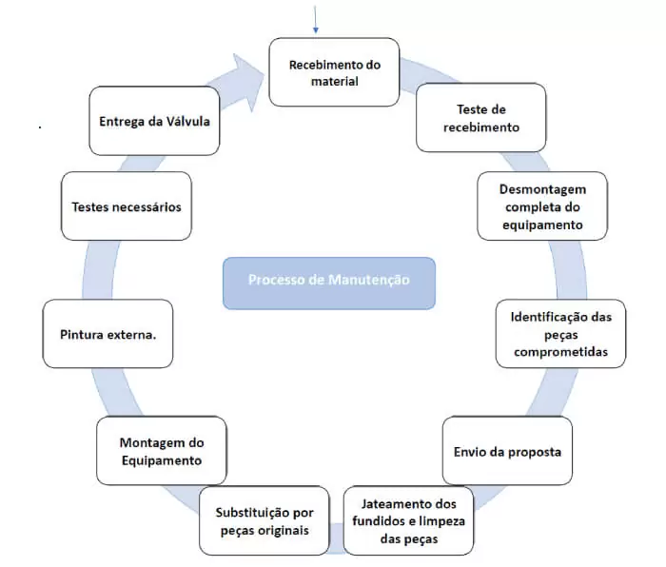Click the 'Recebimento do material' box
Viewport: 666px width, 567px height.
tap(334, 72)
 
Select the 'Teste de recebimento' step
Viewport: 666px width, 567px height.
tap(480, 118)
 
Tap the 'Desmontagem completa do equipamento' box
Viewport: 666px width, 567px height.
tap(542, 206)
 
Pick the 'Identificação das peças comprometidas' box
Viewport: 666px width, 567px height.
tap(560, 334)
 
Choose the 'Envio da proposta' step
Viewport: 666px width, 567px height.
tap(507, 451)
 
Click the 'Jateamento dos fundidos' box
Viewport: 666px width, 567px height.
tap(408, 520)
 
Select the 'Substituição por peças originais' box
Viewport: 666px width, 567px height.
tap(264, 520)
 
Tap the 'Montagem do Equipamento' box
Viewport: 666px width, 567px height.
tap(162, 451)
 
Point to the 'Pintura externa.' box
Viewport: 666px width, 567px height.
tap(108, 334)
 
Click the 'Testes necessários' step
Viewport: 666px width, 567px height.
tap(127, 206)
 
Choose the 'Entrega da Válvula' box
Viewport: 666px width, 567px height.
tap(154, 121)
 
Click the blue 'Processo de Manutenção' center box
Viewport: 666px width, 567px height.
tap(329, 283)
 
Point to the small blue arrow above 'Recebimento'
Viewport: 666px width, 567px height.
tap(315, 19)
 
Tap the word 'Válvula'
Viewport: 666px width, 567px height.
tap(187, 122)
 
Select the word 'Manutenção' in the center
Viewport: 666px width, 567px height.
tap(369, 280)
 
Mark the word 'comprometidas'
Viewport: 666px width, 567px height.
tap(560, 352)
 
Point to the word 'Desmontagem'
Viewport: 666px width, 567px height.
tap(542, 189)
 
